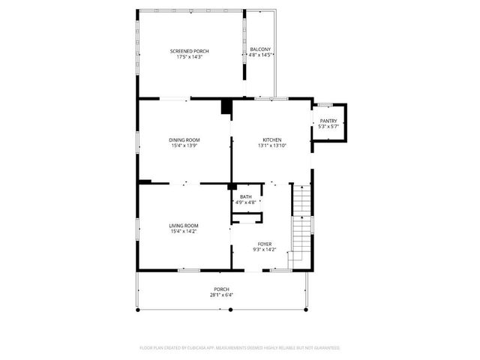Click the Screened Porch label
point(189,51)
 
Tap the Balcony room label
point(260,49)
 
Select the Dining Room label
point(183,139)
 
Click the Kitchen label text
point(271,139)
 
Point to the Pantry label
point(328,121)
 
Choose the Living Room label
point(183,226)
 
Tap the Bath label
point(246,196)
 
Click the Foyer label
point(265,244)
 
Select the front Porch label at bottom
point(221,289)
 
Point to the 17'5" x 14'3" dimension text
point(189,57)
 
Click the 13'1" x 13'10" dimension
point(271,145)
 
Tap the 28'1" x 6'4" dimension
point(221,295)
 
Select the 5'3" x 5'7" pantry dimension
point(328,127)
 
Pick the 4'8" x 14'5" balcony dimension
point(260,55)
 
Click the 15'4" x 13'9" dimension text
point(183,145)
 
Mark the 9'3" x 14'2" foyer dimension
point(265,250)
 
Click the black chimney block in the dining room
point(225,107)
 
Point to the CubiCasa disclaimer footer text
point(240,348)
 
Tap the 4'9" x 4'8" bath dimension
point(246,202)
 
